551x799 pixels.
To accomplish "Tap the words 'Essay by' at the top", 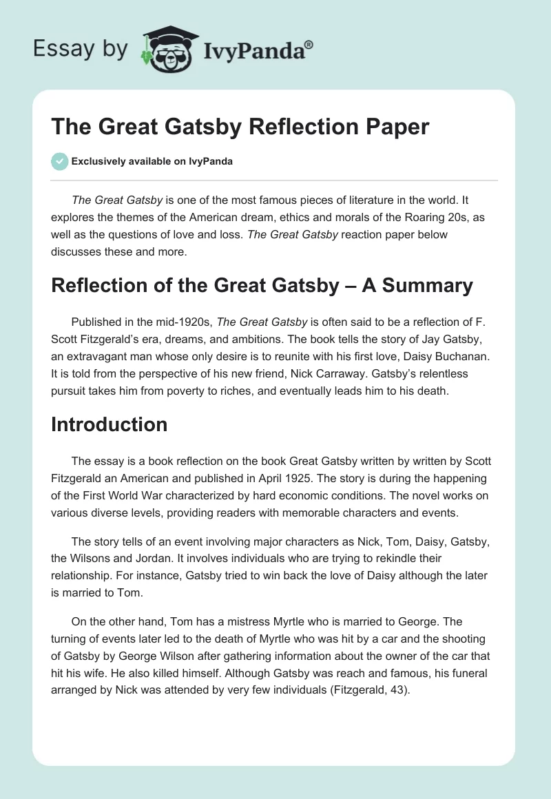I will click(81, 49).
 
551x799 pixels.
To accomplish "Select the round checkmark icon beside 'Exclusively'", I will click(59, 162).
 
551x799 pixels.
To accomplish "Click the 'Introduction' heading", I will click(109, 424).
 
